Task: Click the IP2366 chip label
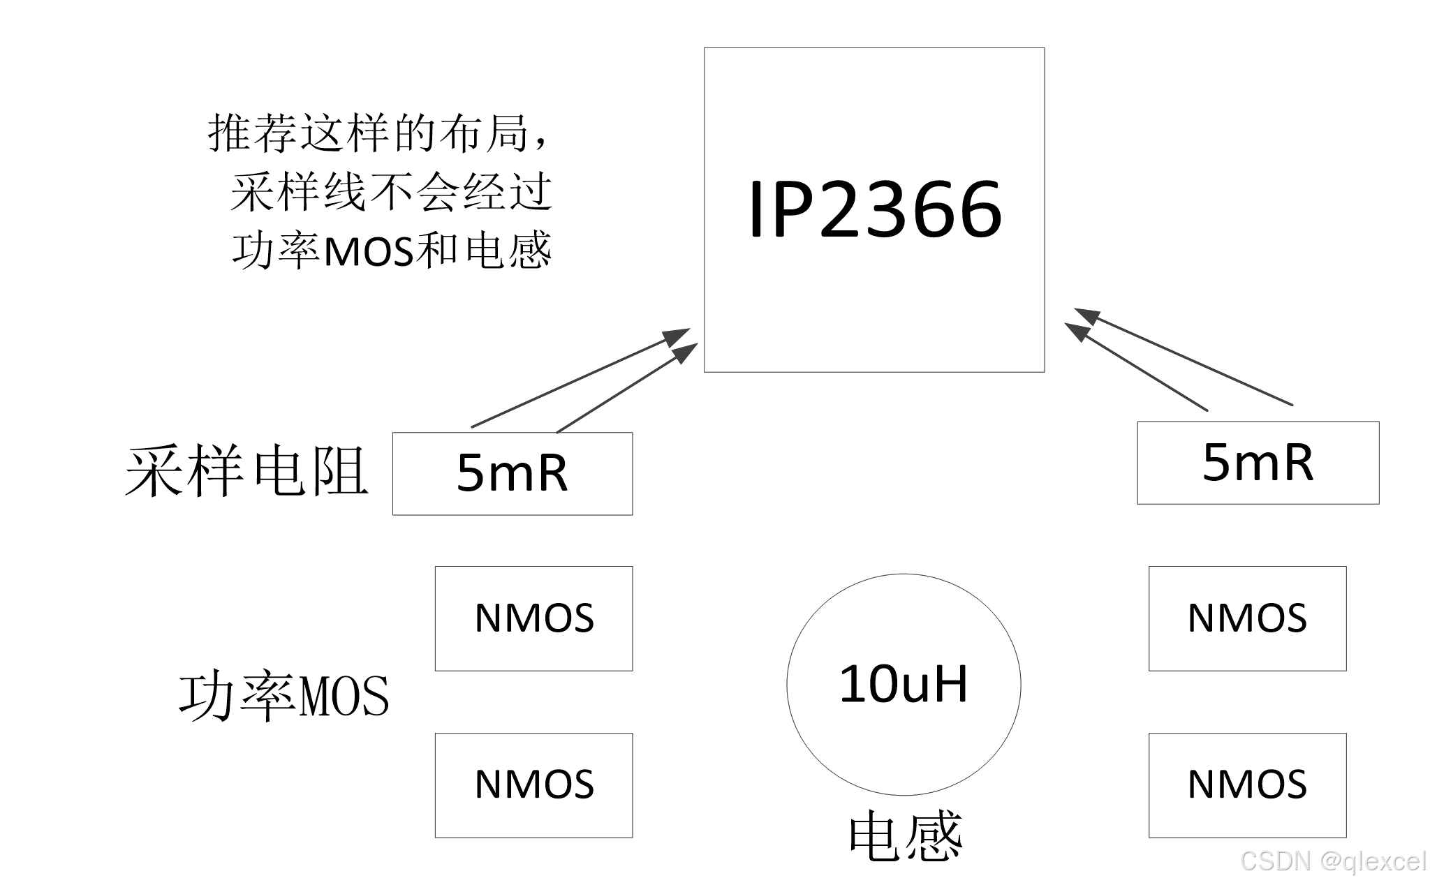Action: coord(874,209)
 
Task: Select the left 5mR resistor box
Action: coord(513,473)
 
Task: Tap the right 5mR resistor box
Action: coord(1258,462)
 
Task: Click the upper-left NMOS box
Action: coord(533,618)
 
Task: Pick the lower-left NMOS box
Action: coord(533,784)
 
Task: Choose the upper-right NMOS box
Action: coord(1247,618)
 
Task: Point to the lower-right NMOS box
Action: coord(1247,784)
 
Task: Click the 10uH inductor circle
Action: coord(904,684)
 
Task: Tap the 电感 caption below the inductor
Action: coord(906,835)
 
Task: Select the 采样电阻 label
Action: coord(246,472)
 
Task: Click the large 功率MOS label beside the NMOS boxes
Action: coord(284,697)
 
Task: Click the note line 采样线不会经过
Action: coord(391,192)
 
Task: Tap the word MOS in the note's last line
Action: coord(369,252)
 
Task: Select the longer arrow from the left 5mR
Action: coord(580,378)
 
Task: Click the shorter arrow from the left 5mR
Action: coord(626,388)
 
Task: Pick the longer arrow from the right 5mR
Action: coord(1184,357)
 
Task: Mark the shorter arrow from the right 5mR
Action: coord(1136,366)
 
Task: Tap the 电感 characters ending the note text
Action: coord(508,251)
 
